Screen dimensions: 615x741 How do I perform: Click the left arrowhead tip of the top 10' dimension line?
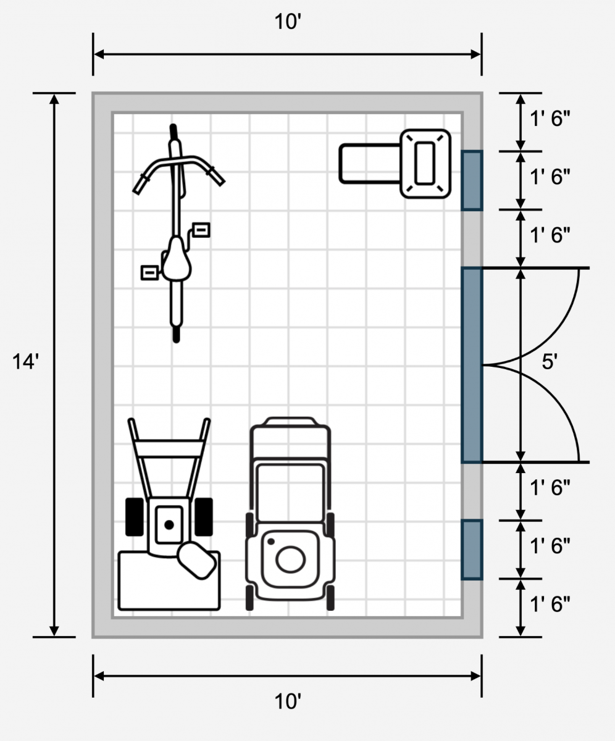pos(94,54)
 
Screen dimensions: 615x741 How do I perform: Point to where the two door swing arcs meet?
pos(482,365)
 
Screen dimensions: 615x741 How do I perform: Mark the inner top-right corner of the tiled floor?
pos(462,113)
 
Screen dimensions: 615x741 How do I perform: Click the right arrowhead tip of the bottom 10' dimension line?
pos(481,676)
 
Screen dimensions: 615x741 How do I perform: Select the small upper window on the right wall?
pos(472,181)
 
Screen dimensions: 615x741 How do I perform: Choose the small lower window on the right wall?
pos(472,550)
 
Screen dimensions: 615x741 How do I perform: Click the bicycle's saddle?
pos(177,259)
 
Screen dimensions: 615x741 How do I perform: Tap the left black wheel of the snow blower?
pos(135,517)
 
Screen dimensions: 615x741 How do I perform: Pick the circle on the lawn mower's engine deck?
pos(290,559)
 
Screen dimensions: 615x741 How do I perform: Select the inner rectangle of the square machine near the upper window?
pos(425,163)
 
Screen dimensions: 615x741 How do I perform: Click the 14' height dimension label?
pos(25,362)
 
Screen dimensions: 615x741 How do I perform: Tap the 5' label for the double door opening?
pos(550,362)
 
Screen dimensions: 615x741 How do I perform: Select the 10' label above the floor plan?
pos(288,22)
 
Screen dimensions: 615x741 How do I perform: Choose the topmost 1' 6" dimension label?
pos(550,119)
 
